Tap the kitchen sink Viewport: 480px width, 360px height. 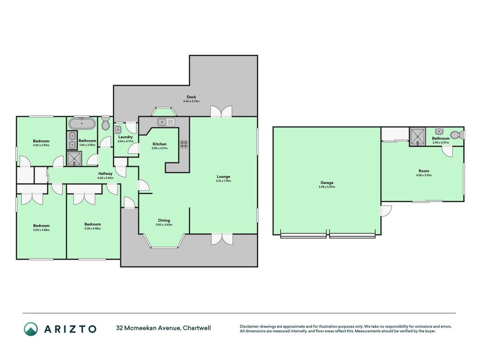tap(166, 122)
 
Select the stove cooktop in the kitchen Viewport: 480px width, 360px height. tap(184, 144)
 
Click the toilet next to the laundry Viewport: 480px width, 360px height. tap(106, 122)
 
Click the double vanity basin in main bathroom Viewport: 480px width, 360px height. tap(72, 140)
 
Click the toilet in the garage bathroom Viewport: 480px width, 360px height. tap(457, 135)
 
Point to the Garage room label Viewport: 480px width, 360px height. tap(327, 182)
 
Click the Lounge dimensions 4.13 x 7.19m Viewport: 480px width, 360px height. tap(224, 181)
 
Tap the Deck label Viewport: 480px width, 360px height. tap(191, 97)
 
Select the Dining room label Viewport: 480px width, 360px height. tap(164, 220)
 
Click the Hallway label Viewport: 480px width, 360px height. tap(105, 174)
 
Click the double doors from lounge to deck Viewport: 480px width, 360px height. tap(221, 112)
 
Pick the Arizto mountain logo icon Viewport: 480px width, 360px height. tap(31, 329)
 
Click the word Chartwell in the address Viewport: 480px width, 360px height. tap(198, 328)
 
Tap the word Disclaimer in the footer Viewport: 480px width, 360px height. tap(250, 327)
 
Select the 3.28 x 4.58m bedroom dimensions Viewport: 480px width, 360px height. tap(93, 228)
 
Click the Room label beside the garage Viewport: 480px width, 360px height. tap(424, 171)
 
